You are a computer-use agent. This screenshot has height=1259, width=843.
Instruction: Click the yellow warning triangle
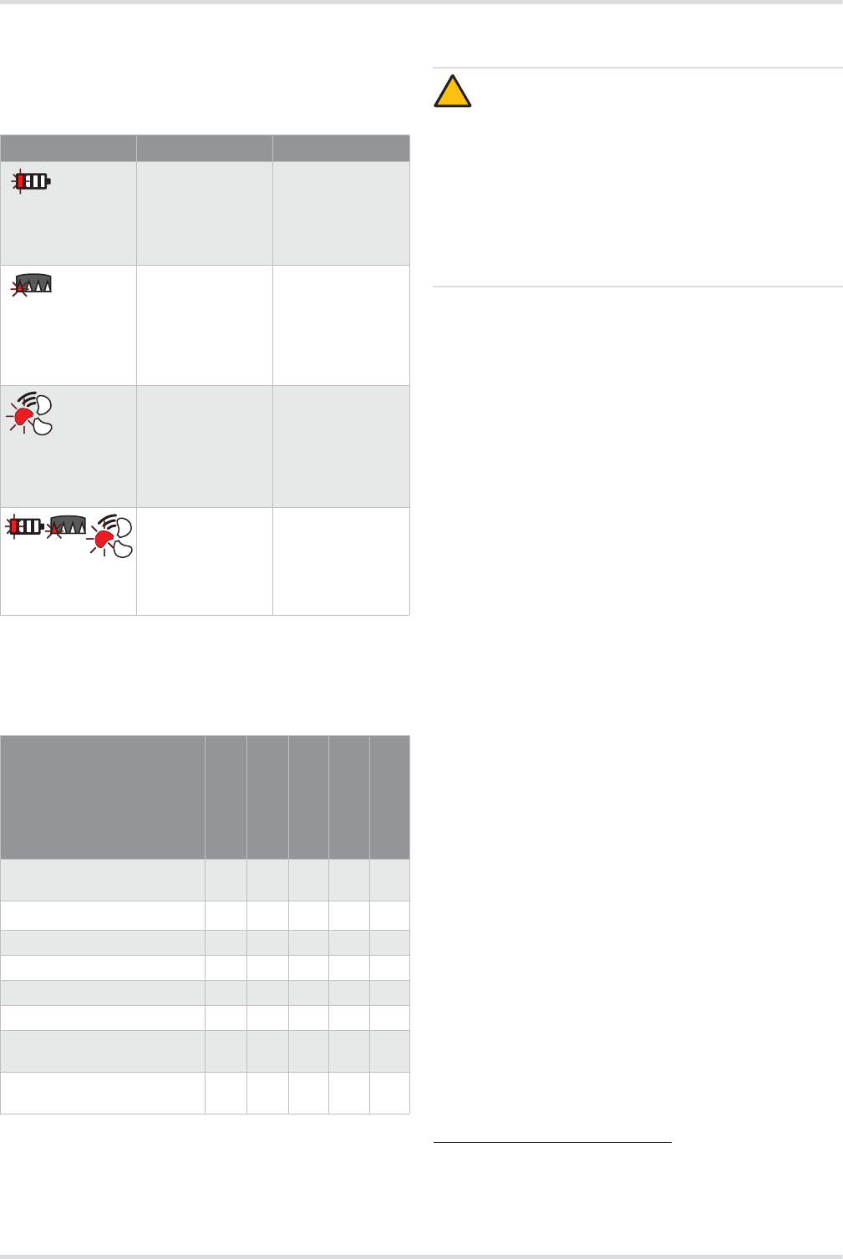point(452,92)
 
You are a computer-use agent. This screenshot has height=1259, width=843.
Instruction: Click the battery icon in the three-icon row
point(25,526)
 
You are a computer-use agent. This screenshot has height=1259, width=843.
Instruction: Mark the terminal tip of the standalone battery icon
point(49,180)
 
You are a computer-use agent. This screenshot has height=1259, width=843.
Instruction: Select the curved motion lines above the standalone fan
point(30,397)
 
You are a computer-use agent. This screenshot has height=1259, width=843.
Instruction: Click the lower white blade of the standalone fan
point(43,426)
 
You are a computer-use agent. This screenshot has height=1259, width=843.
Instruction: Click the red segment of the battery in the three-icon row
point(14,526)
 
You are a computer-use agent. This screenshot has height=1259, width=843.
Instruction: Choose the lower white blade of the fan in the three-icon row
point(123,548)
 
